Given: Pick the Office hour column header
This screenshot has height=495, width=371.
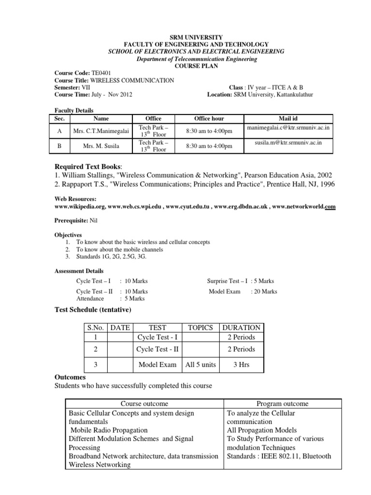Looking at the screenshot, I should coord(209,118).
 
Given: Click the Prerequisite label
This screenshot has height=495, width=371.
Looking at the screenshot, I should coord(71,220).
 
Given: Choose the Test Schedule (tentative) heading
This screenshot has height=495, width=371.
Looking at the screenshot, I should coord(92,309).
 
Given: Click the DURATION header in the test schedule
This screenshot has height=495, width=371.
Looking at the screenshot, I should coord(241,327).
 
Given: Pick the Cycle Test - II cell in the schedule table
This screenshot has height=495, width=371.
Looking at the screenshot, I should coord(157,349).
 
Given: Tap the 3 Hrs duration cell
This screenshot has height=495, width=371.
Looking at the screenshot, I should coord(241,365).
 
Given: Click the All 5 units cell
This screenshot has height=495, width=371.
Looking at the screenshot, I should coord(200,365).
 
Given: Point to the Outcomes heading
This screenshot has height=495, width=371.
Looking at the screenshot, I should coord(70,377).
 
